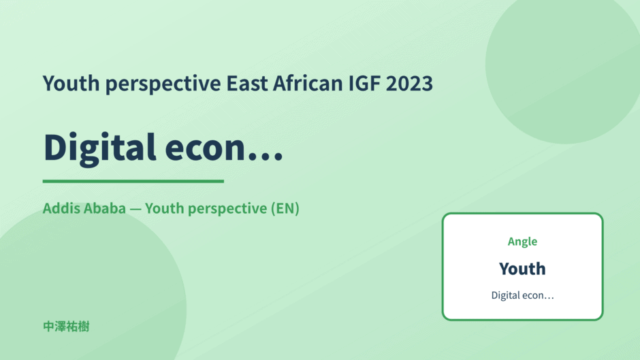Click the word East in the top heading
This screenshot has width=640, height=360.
point(247,84)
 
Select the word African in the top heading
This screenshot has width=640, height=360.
point(308,83)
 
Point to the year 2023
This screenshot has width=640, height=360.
point(409,84)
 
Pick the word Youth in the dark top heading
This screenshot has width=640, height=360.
point(71,83)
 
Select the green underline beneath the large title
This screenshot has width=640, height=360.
point(133,181)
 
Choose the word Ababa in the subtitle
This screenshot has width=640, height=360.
point(106,208)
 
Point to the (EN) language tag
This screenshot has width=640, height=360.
point(285,208)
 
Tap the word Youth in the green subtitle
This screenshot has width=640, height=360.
point(165,208)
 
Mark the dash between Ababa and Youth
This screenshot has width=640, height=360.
point(135,209)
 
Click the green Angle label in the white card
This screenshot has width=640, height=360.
point(522,242)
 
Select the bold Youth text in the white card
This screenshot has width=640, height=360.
point(522,269)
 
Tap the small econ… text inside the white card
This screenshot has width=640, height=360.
point(539,296)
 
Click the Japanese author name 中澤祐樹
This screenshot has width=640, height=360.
point(66,327)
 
